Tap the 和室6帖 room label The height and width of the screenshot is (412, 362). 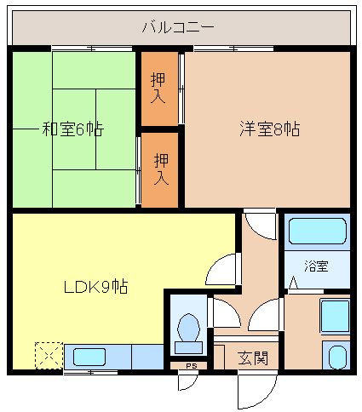tap(73, 129)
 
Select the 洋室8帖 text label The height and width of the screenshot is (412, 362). tap(268, 129)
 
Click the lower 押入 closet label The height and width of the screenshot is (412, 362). tap(160, 169)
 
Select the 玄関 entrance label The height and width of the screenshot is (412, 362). tap(253, 358)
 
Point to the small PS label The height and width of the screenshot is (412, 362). tap(191, 367)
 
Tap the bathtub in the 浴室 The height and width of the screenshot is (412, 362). tap(317, 231)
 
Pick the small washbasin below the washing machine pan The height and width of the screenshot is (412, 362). tap(336, 356)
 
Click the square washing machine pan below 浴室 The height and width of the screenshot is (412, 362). tap(334, 316)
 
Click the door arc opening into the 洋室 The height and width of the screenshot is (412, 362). tap(260, 224)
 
